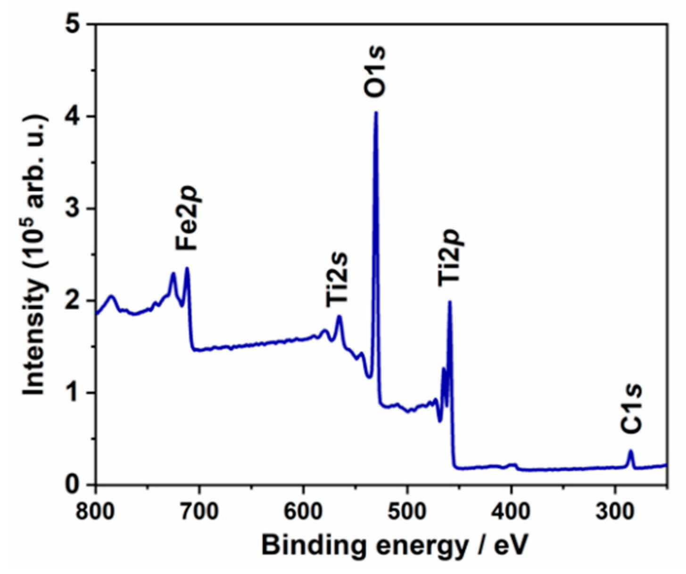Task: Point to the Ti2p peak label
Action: (x=450, y=257)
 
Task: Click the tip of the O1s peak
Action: (x=376, y=112)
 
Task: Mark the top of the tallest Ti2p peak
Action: (x=450, y=301)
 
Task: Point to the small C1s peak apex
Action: (x=631, y=451)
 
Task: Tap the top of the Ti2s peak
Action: (x=339, y=316)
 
